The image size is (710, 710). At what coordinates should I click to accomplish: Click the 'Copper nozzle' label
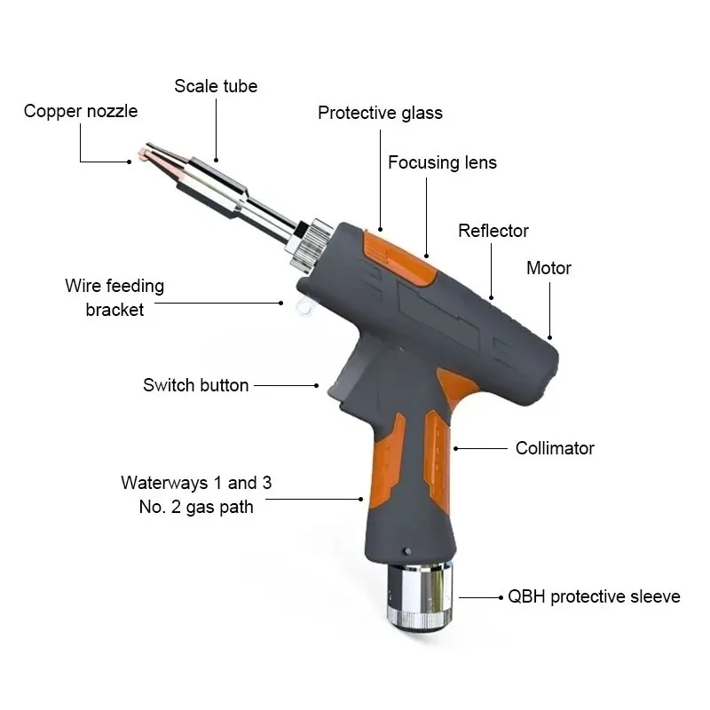pos(81,112)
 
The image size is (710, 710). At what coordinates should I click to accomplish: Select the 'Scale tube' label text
pos(216,86)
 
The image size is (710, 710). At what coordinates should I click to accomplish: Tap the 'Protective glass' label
pos(380,113)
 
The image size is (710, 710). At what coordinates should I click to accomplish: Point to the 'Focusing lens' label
pos(442,162)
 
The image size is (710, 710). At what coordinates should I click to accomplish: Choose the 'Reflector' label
pos(493,231)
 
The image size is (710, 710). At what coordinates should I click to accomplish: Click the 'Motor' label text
pos(548,268)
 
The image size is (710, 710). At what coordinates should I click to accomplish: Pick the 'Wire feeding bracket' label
pos(114,298)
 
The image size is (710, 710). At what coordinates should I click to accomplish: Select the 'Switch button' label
pos(195,385)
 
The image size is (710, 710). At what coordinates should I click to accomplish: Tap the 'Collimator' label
pos(555,448)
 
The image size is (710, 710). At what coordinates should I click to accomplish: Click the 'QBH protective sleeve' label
pos(594,596)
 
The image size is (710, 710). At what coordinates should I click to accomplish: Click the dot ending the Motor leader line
pos(550,337)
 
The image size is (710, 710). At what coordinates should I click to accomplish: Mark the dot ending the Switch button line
pos(317,385)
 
